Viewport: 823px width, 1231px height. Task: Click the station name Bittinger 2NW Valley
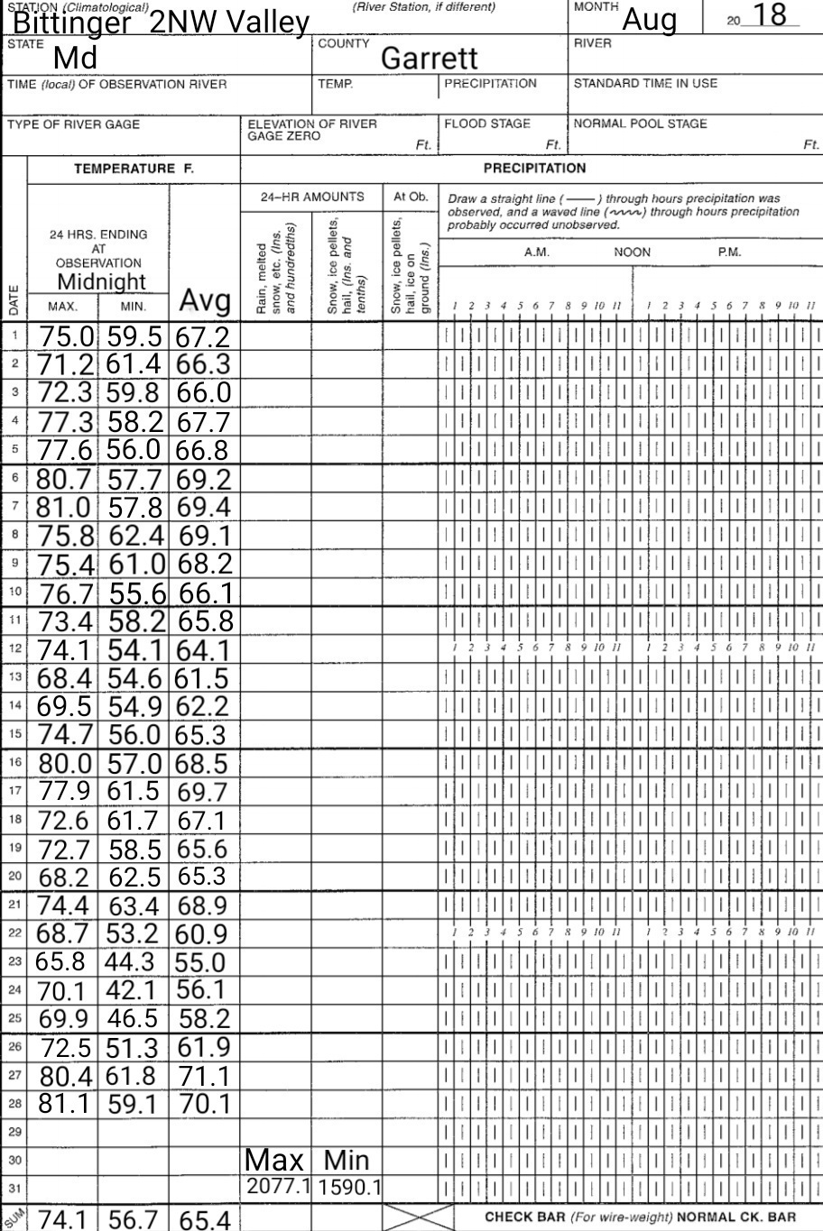161,23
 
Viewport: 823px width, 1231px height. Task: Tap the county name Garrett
429,59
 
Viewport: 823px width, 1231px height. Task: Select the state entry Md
75,59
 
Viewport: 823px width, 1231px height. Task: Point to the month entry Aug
649,19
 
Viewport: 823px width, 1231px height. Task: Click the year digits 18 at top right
769,15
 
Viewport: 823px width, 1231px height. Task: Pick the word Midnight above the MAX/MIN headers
102,281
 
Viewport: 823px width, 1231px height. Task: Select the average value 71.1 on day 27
204,1076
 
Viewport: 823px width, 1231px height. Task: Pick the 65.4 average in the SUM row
205,1220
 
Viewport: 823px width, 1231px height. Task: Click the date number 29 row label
14,1131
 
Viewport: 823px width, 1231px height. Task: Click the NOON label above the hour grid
632,253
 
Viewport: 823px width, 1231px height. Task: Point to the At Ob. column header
410,197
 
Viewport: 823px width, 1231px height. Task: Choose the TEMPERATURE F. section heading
135,169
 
